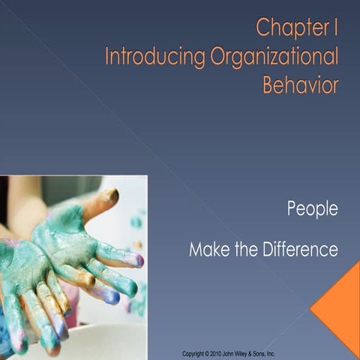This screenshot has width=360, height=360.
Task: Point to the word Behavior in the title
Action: (x=300, y=85)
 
